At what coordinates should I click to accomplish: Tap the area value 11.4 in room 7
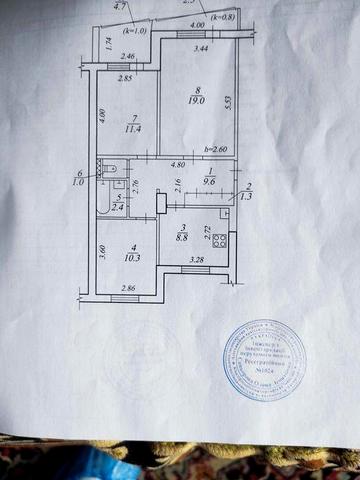pos(132,128)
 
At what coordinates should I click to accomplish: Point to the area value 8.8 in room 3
pos(181,238)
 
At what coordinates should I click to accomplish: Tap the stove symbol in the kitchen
pos(223,240)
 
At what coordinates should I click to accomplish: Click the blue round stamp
pos(265,361)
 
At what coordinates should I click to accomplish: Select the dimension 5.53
pos(228,102)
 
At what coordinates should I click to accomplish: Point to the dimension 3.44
pos(201,48)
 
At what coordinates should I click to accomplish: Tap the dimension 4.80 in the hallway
pos(177,163)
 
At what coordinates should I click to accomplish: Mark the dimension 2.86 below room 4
pos(127,288)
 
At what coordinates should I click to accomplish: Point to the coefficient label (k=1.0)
pos(135,31)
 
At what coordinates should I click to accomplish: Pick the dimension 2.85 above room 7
pos(125,78)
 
